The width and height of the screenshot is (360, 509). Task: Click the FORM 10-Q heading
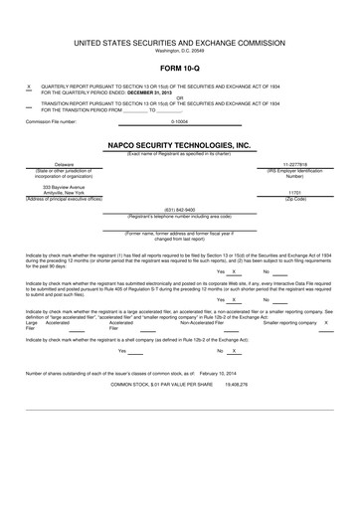(179, 69)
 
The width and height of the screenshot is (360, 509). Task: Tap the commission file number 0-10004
(179, 121)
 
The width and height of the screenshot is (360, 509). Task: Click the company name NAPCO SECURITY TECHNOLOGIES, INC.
(179, 144)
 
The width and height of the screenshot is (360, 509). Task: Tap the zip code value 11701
(294, 192)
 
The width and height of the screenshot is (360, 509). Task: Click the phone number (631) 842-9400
(179, 210)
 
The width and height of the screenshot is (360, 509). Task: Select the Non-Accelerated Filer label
(202, 323)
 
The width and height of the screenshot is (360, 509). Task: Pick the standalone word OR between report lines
(179, 97)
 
